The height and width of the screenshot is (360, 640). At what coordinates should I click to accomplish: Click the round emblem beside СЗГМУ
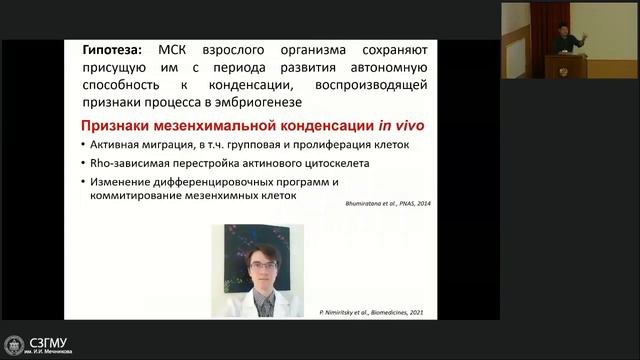14,346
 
